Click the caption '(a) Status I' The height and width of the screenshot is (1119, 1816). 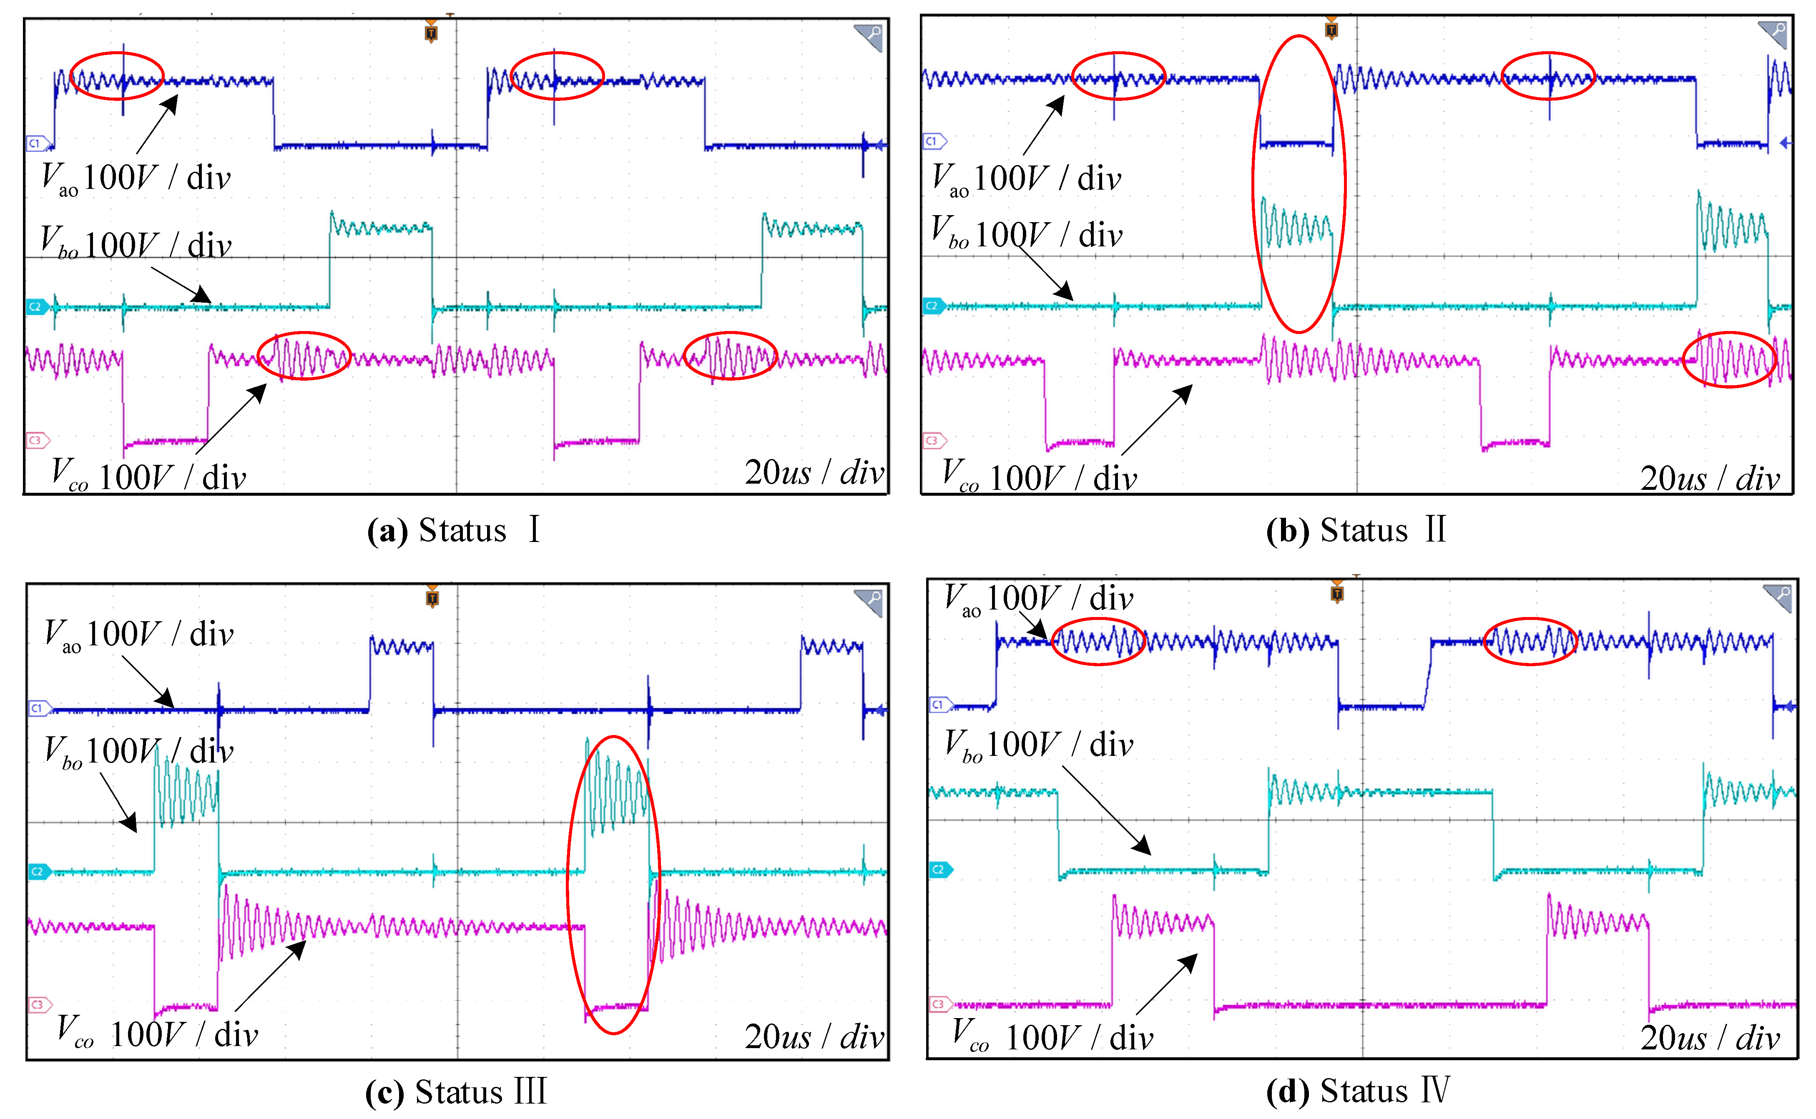[x=453, y=531]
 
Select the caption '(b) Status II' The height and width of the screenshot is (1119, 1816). [x=1356, y=531]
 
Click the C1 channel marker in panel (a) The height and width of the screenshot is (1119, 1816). [x=37, y=143]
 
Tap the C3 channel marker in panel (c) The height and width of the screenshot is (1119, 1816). [x=38, y=1004]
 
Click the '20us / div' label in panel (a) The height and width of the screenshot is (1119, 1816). [x=814, y=472]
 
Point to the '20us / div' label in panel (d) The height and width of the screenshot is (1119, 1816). [x=1709, y=1038]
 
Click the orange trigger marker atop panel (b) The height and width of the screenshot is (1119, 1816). [x=1331, y=30]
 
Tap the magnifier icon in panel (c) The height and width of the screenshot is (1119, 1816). [x=869, y=601]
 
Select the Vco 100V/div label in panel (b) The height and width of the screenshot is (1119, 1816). [x=1039, y=476]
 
